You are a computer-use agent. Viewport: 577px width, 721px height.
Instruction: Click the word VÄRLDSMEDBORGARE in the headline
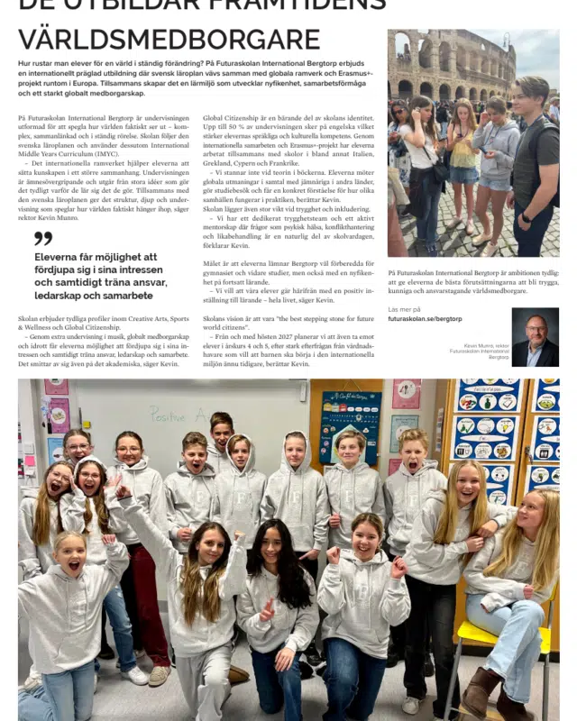[x=169, y=39]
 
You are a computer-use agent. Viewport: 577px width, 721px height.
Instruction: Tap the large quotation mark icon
[x=42, y=238]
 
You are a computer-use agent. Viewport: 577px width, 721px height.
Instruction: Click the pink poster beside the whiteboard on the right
[x=407, y=394]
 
